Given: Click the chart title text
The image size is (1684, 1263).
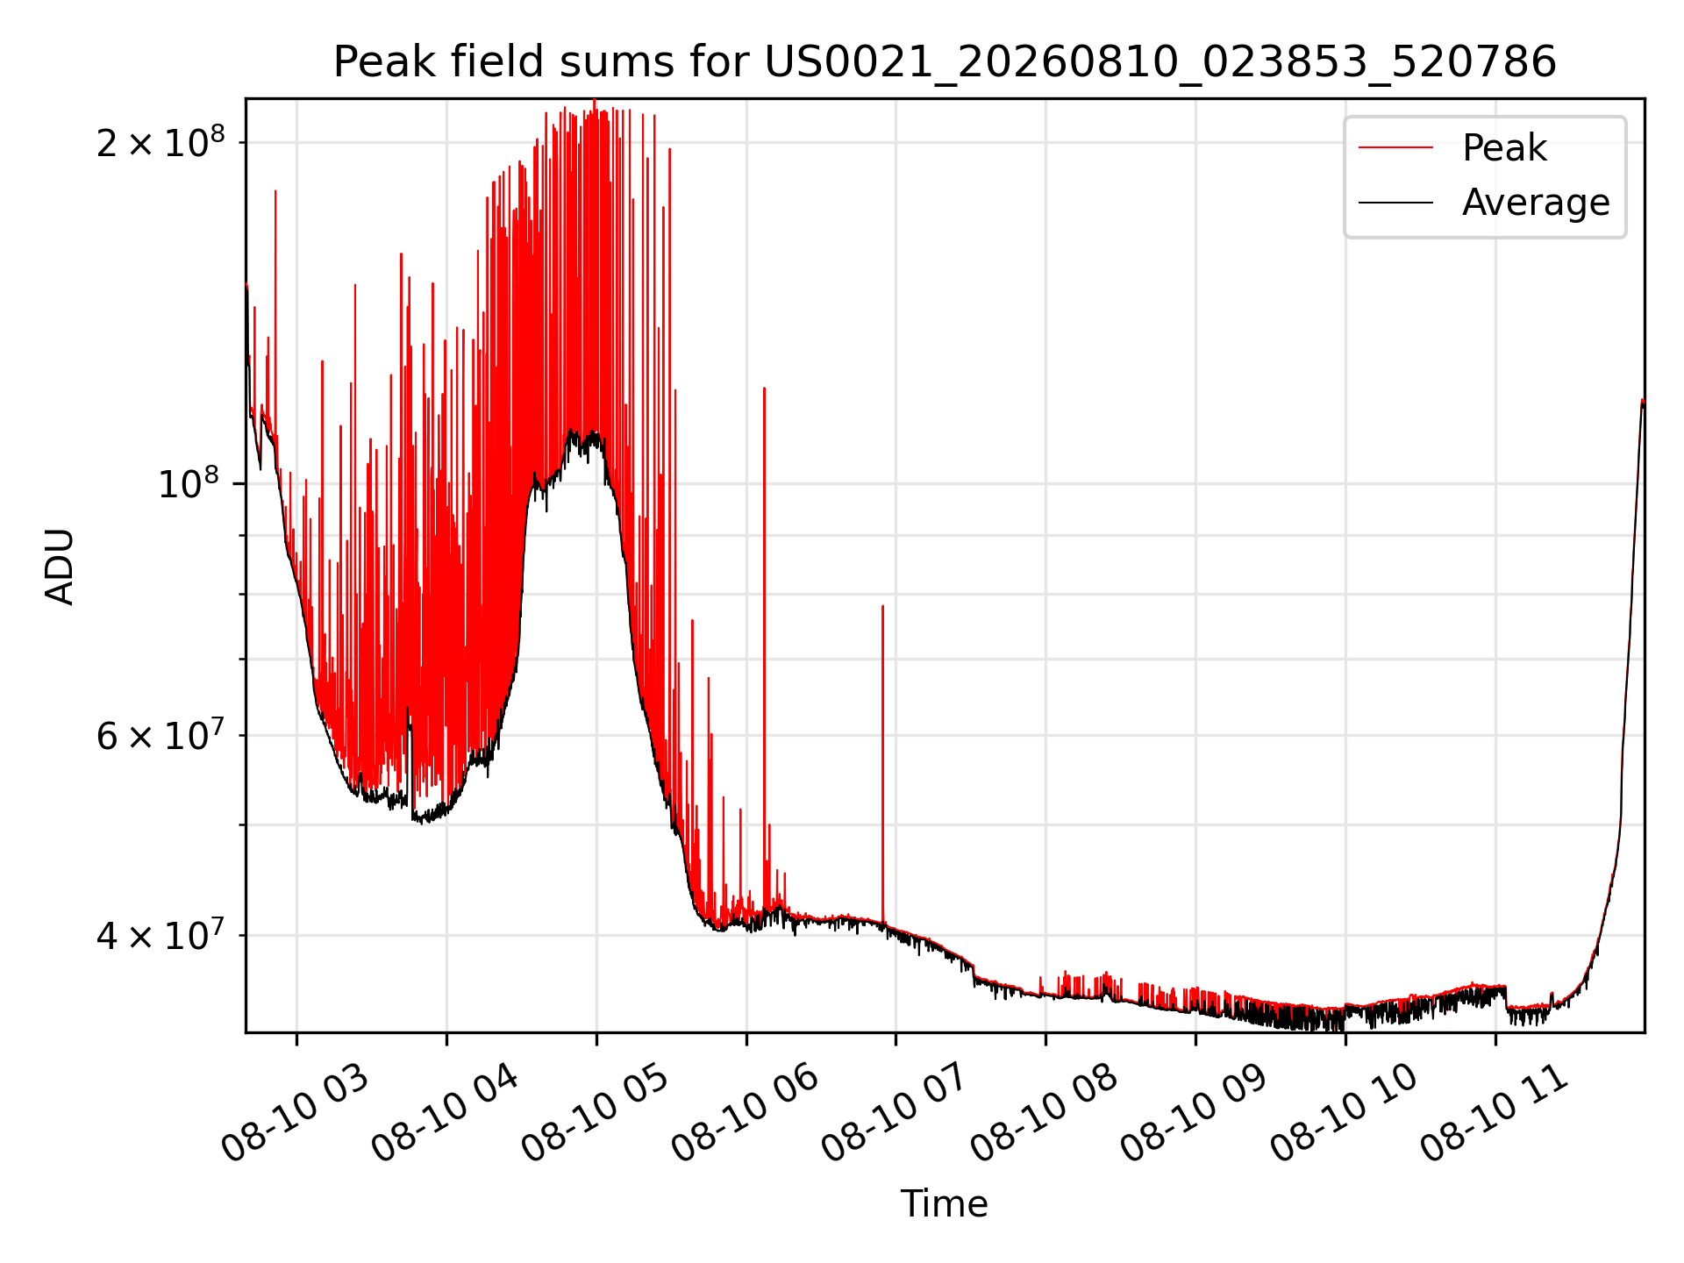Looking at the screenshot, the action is point(945,61).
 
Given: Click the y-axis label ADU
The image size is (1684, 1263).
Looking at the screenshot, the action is point(60,566).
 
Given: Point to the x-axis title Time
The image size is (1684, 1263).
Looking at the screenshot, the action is point(945,1203).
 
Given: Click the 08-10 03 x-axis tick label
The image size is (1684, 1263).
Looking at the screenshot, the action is point(296,1114).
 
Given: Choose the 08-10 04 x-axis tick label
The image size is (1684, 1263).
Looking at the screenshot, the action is point(446,1114).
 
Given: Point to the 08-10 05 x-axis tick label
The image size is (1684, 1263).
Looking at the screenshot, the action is point(596,1114).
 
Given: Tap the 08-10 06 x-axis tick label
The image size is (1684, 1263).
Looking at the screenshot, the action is point(746,1114).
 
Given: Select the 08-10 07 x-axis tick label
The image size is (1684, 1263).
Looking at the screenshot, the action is point(896,1114).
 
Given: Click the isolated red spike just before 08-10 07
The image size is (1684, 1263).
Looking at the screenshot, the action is point(882,763).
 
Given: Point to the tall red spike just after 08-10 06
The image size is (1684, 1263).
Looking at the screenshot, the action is point(764,649).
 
